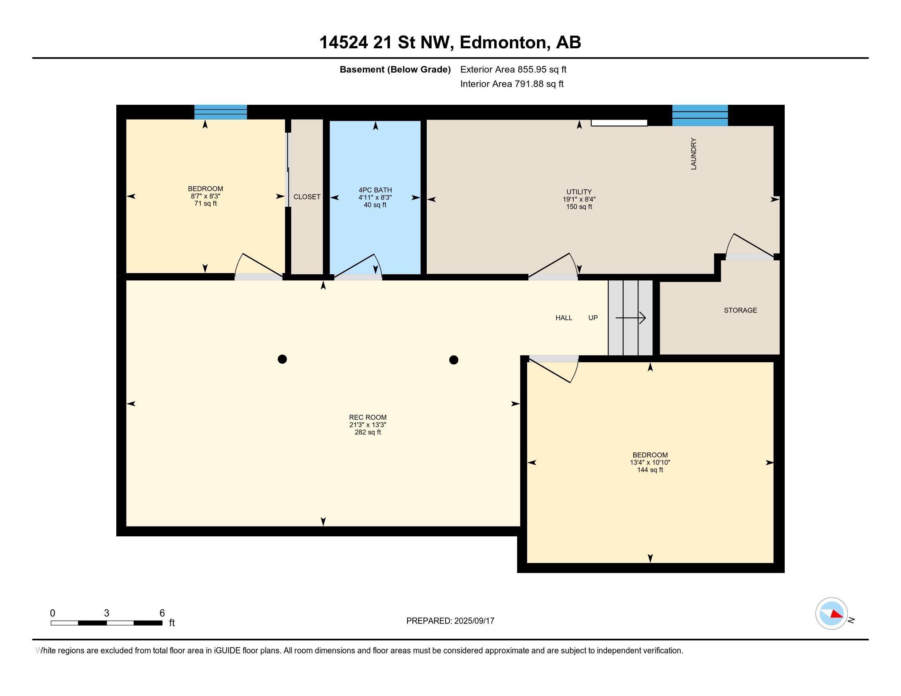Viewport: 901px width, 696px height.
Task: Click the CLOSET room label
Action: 306,197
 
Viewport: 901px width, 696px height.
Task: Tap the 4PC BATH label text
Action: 375,190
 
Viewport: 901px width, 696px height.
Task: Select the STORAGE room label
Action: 740,310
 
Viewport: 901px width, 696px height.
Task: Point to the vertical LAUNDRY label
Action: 693,154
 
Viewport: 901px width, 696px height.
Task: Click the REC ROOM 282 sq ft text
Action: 368,432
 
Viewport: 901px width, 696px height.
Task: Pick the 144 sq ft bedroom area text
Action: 650,470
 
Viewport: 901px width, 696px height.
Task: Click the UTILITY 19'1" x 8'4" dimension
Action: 579,199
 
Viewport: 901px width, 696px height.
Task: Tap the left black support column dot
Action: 282,359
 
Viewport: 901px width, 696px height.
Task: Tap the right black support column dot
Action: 453,360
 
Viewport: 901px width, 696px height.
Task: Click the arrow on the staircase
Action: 630,318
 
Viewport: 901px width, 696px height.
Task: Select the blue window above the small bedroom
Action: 221,112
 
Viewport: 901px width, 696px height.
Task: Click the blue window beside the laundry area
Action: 700,115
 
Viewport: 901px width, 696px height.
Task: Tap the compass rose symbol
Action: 831,614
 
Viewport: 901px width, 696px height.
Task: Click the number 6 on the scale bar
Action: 162,613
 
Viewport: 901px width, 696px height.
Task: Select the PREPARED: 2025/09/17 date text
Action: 450,621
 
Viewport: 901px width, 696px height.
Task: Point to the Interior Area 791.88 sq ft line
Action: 512,84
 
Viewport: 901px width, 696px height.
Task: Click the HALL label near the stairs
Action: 564,318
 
